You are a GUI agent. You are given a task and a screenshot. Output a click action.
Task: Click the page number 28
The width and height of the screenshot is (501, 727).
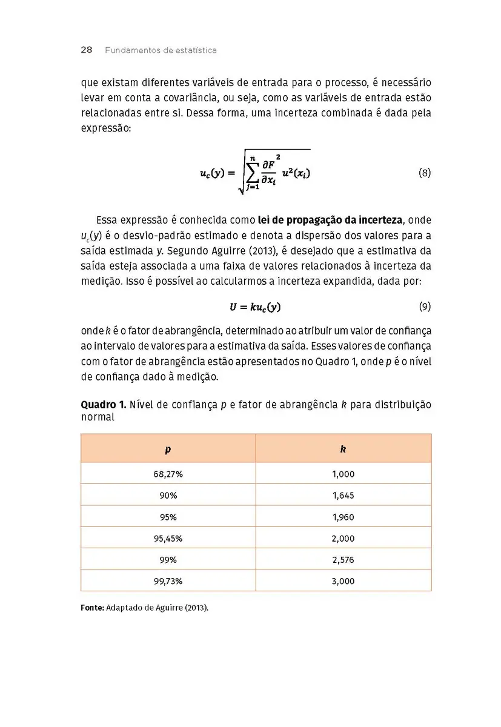[86, 50]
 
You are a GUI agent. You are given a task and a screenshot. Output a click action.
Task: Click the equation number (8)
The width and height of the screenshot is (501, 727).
[425, 173]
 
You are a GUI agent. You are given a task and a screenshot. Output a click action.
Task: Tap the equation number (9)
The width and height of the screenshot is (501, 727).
[425, 307]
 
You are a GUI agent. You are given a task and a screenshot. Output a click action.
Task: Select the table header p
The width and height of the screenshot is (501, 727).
[168, 449]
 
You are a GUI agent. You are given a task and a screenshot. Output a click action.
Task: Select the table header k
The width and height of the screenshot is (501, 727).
[343, 449]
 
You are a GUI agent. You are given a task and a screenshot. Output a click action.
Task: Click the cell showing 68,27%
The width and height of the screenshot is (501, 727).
[168, 474]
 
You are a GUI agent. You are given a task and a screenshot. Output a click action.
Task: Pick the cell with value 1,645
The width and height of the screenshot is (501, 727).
[343, 496]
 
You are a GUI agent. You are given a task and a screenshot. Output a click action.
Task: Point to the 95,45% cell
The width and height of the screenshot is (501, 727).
[168, 539]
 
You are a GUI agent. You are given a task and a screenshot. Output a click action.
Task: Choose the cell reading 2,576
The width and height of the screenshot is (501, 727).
[343, 560]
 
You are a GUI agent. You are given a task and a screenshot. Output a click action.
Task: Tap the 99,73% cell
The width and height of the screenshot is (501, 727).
[168, 581]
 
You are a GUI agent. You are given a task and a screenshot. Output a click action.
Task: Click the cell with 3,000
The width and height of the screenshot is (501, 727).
[343, 581]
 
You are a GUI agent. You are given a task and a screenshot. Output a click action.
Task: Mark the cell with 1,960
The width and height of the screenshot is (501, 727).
[343, 517]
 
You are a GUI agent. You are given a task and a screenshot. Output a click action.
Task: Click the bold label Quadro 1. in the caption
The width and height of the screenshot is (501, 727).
[100, 405]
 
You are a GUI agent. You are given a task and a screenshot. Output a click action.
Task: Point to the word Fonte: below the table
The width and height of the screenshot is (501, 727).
[93, 608]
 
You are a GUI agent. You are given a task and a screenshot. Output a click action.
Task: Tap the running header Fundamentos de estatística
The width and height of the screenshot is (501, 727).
[161, 50]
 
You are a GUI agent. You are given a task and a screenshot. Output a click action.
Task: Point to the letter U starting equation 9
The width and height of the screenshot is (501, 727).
[233, 307]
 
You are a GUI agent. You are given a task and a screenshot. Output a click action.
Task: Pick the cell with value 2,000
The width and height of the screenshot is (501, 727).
[343, 539]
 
